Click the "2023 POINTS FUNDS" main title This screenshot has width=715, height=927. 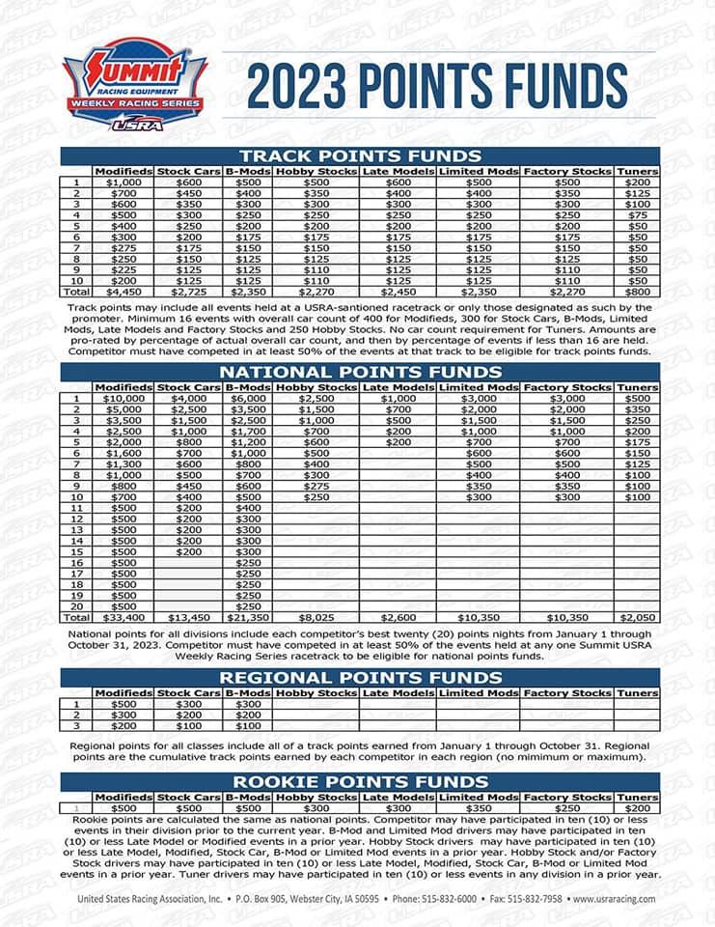437,86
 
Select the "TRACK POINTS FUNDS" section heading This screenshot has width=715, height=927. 360,155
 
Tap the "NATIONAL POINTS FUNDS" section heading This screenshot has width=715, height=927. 360,372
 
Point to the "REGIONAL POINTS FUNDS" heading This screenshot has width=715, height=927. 360,678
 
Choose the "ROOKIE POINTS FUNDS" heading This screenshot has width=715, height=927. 360,780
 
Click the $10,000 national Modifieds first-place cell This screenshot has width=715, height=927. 124,398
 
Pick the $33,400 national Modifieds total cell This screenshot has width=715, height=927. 124,617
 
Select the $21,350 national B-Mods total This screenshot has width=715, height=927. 247,617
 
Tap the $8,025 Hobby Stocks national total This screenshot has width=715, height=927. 316,617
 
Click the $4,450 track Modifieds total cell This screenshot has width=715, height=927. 124,290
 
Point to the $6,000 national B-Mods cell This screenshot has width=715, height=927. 247,398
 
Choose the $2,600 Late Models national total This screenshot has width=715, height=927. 398,617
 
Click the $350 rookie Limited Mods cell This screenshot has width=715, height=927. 479,807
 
